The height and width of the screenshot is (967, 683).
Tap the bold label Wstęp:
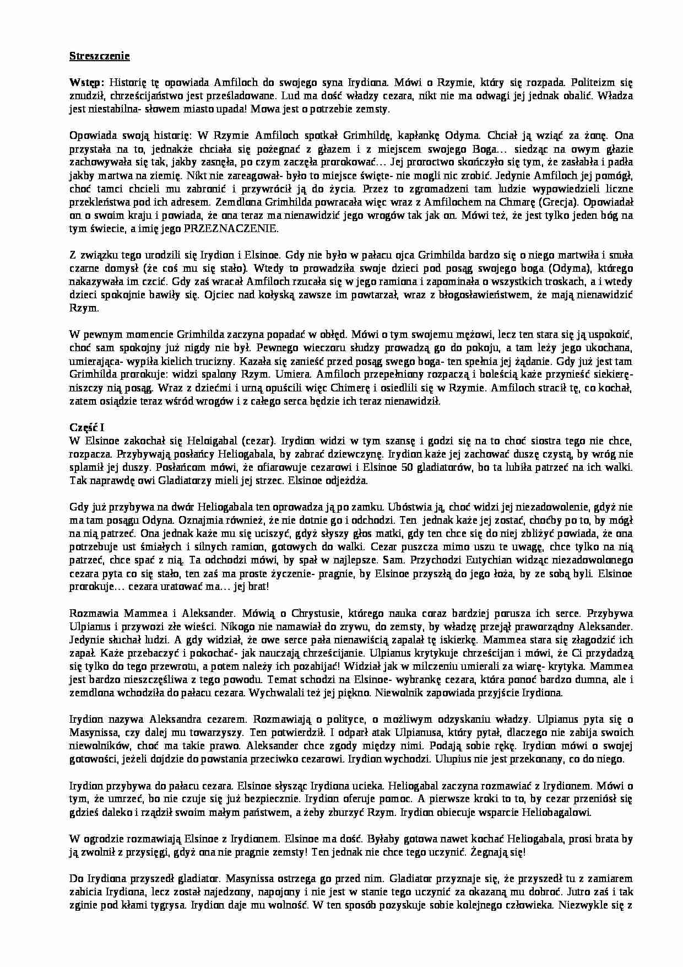[86, 83]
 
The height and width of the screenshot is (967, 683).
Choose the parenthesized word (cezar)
[259, 441]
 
